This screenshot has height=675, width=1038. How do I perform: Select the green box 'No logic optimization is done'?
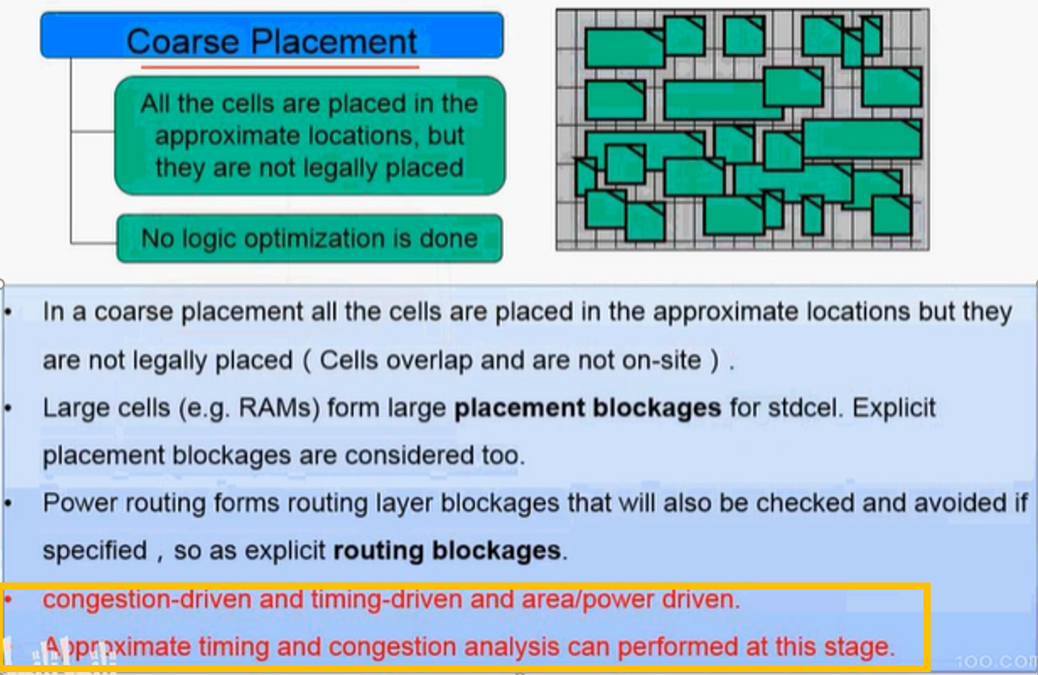[x=309, y=239]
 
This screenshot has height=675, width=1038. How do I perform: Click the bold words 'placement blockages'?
[x=587, y=408]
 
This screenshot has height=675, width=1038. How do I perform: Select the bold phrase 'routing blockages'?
[x=447, y=550]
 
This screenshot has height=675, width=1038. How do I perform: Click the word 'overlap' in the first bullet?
[x=427, y=360]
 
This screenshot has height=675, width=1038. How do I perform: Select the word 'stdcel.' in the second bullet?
[x=802, y=408]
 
